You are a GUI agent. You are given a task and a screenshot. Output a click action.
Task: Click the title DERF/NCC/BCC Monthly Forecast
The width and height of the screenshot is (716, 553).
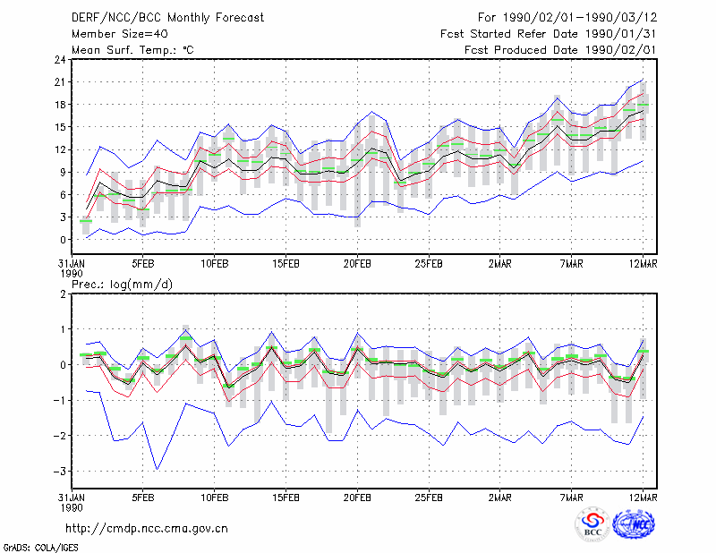pos(167,18)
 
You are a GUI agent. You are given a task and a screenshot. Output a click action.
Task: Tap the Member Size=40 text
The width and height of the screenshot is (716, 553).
pos(120,34)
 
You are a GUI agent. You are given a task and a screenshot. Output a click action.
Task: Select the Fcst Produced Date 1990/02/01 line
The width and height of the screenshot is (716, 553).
pos(560,50)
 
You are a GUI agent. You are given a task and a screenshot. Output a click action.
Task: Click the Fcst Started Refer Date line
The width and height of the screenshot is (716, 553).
pos(548,34)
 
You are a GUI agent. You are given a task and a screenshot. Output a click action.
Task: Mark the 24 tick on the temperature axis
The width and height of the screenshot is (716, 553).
pos(60,60)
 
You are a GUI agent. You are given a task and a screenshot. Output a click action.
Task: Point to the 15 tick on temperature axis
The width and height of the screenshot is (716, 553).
pos(60,127)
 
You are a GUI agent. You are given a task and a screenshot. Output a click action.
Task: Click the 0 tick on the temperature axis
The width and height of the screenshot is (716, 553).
pos(63,240)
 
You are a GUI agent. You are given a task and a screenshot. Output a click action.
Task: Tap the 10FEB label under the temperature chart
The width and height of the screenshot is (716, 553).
pos(215,264)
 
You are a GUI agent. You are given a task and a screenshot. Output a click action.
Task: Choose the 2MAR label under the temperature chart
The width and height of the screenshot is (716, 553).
pos(500,264)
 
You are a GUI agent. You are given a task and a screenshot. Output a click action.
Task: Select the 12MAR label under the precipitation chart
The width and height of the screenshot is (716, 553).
pos(643,498)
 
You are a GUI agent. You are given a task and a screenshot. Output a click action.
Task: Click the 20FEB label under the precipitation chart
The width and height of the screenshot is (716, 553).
pos(357,498)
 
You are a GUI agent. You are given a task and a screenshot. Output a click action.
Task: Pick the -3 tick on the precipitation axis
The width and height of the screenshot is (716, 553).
pos(60,471)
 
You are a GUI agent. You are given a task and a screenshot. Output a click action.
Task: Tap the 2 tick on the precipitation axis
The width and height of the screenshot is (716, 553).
pos(63,294)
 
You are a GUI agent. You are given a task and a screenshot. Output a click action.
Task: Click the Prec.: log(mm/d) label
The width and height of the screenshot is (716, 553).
pos(122,285)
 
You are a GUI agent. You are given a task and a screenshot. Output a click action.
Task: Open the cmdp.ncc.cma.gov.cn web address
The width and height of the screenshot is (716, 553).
pos(147,529)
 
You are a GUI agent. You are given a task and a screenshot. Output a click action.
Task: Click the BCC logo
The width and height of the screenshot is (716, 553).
pos(592,525)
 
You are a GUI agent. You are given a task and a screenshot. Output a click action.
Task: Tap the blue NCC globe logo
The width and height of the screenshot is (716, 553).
pos(634,523)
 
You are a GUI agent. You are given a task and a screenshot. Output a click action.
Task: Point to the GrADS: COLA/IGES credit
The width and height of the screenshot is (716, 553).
pos(40,548)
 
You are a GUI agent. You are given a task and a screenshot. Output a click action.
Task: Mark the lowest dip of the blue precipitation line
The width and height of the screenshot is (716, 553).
pos(158,469)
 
